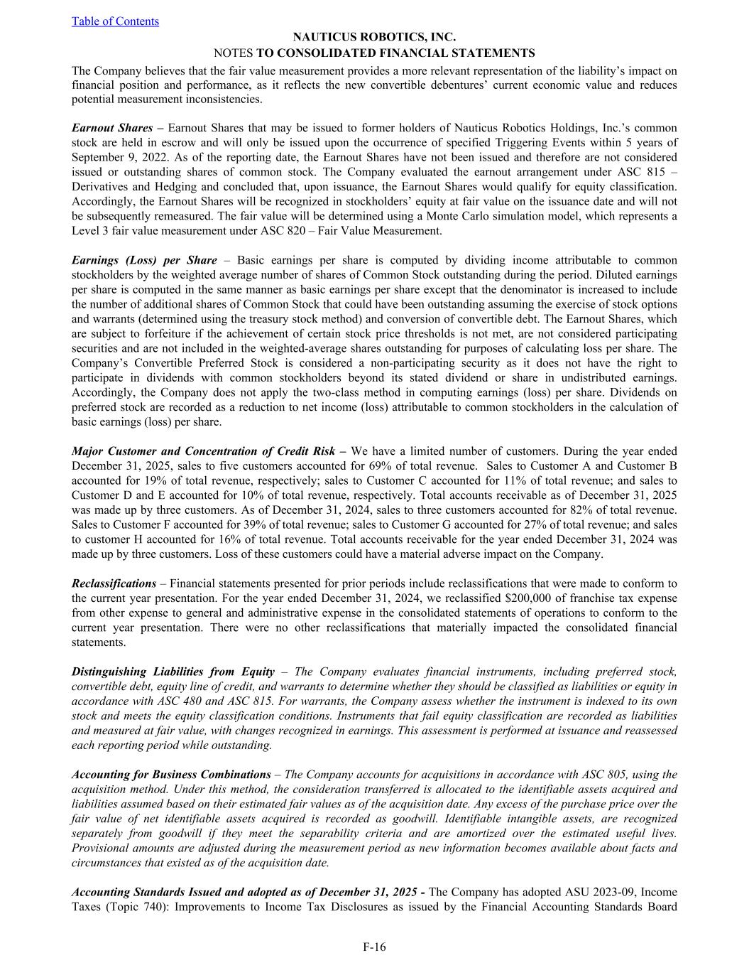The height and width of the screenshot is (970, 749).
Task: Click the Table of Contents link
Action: point(115,21)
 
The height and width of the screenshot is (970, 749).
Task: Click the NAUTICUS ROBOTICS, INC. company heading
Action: point(374,38)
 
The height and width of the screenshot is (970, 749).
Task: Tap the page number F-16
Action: point(374,947)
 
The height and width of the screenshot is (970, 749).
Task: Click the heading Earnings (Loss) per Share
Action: point(144,260)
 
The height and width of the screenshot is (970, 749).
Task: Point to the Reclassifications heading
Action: point(114,583)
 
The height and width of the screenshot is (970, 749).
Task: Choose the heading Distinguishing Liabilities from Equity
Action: point(173,672)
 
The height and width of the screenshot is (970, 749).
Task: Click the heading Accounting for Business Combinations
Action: point(171,775)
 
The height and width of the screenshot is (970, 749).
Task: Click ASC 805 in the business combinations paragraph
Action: point(594,775)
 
